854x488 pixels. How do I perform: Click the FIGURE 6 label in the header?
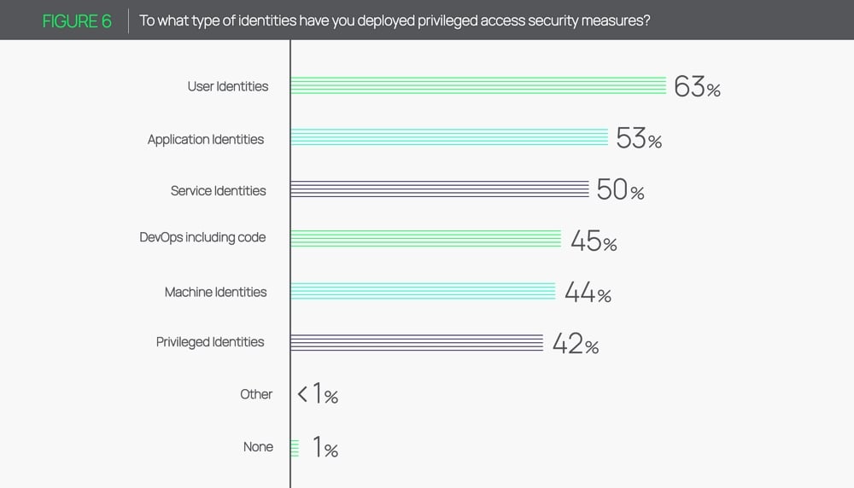tap(77, 20)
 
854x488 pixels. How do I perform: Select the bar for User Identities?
tap(478, 85)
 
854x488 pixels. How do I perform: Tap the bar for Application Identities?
tap(449, 138)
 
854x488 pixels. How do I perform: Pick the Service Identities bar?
tap(440, 189)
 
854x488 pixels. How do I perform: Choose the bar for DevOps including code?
tap(425, 239)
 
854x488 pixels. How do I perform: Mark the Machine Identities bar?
tap(423, 291)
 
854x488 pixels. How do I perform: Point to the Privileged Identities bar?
tap(417, 342)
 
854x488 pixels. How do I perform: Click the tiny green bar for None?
tap(295, 448)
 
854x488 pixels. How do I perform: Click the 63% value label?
tap(697, 87)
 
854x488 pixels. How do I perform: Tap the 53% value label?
tap(639, 139)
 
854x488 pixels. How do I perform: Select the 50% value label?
tap(620, 190)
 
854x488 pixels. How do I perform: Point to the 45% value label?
tap(594, 241)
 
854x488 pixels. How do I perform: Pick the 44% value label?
tap(588, 293)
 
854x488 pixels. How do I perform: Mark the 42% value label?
tap(576, 344)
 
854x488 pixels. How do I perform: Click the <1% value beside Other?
tap(318, 395)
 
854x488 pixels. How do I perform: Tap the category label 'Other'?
tap(256, 394)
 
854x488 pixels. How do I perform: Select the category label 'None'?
tap(258, 446)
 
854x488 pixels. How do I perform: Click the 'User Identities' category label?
tap(228, 86)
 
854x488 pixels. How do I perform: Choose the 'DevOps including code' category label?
tap(202, 237)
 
